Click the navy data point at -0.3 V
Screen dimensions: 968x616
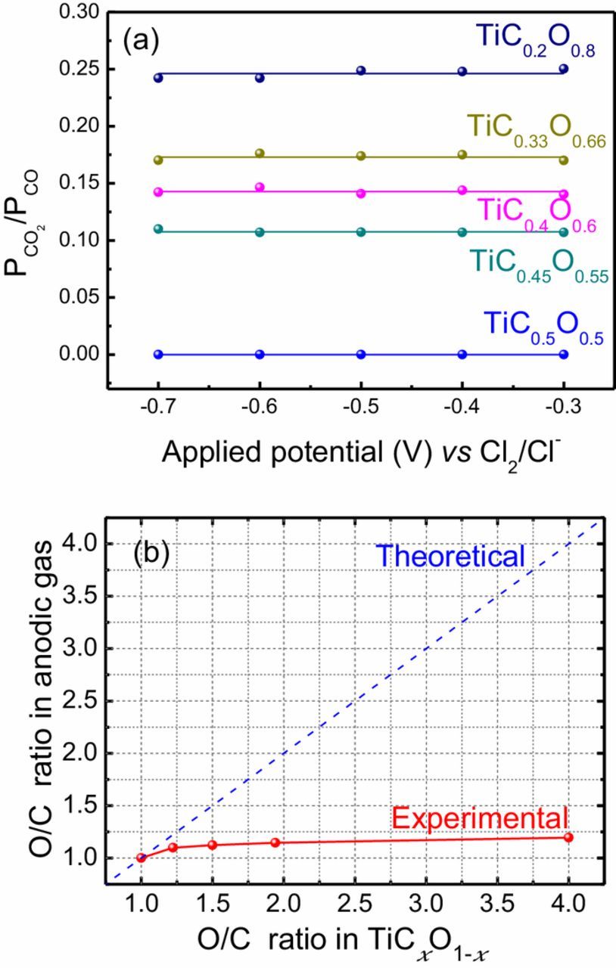563,69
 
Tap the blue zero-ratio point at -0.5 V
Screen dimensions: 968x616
361,354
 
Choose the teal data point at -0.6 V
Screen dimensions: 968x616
260,232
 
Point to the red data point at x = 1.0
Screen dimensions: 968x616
142,857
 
